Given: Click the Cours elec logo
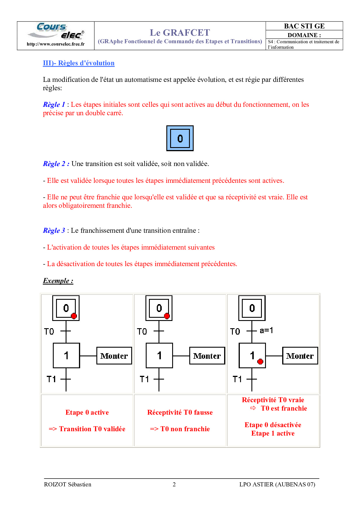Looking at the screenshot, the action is pos(56,31).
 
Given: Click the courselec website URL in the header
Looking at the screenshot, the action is pos(56,44).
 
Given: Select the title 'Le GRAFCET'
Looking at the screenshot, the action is pos(180,33).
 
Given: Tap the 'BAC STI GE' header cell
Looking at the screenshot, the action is pos(304,26).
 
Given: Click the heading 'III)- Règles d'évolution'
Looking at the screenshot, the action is pos(79,63).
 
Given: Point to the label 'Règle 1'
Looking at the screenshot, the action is pos(54,104).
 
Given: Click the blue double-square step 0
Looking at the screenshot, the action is pos(180,138).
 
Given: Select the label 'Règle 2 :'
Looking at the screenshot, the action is pos(56,164).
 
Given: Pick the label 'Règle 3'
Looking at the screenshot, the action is pos(54,230).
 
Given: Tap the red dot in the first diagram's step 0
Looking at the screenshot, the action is pos(74,316).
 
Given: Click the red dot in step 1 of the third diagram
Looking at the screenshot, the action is pos(260,361).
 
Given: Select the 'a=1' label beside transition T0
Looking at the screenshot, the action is pos(266,331).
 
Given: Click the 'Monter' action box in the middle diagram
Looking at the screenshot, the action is pos(207,355).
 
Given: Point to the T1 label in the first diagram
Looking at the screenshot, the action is pos(51,379).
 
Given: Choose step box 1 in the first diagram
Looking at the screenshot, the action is pos(66,355).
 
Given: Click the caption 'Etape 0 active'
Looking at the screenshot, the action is pos(87,412).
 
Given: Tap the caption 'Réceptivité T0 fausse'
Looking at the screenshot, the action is pos(180,412).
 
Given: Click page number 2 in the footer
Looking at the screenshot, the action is pos(174,484).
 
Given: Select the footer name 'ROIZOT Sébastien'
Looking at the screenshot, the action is pos(68,484).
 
